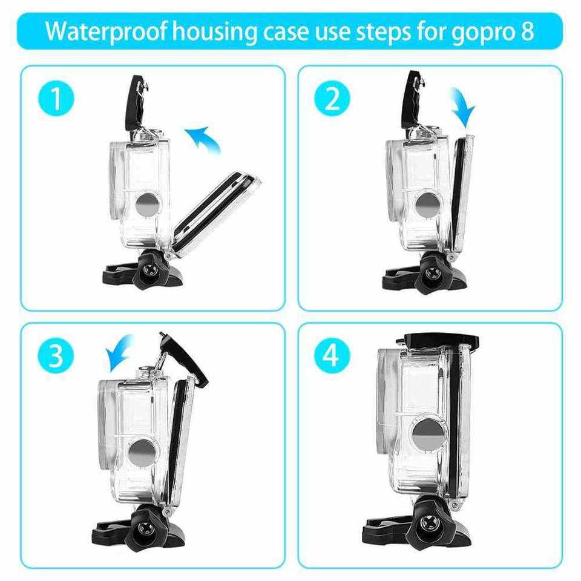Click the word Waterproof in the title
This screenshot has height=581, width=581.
click(107, 32)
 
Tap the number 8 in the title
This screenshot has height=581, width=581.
click(527, 31)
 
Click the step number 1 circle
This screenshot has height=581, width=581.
click(56, 98)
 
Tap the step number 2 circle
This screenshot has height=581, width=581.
click(332, 98)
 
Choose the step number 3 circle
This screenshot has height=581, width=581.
click(56, 355)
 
